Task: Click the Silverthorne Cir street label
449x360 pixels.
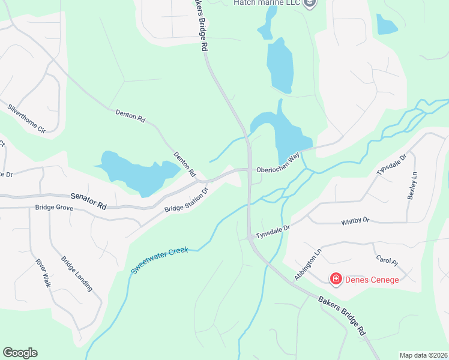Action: (26, 119)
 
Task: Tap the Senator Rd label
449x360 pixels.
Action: (88, 200)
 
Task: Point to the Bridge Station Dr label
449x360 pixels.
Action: (185, 200)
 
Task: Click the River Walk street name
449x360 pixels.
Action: (41, 274)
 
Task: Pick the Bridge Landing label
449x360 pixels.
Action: (76, 274)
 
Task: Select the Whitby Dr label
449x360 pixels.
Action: (355, 221)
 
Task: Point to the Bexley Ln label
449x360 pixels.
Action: (412, 187)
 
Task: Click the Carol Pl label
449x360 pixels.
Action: (387, 260)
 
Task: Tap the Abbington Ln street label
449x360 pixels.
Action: (304, 265)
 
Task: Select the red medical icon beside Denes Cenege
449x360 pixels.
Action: (336, 279)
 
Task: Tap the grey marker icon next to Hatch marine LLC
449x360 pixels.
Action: (310, 4)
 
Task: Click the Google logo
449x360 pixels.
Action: (20, 352)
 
